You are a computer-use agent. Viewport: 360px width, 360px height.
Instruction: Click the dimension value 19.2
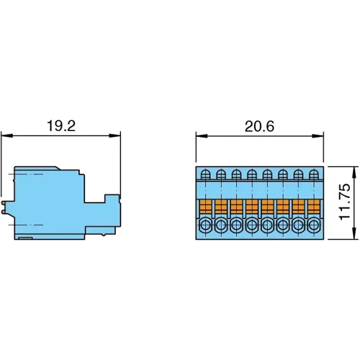click(x=60, y=126)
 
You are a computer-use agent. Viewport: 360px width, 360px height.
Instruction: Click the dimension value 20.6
click(x=259, y=126)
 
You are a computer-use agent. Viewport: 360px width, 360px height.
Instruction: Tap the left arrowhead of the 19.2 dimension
click(x=4, y=135)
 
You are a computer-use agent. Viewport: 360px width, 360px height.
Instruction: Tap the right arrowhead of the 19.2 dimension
click(x=117, y=135)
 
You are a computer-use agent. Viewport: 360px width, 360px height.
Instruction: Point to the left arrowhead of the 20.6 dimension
click(x=200, y=135)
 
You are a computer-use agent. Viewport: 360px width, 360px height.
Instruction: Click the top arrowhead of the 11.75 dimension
click(x=354, y=170)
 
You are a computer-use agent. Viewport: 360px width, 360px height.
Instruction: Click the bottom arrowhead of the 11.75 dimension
click(x=354, y=234)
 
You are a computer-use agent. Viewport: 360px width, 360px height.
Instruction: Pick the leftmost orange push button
click(x=205, y=207)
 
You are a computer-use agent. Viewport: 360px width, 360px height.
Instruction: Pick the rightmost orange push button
click(x=314, y=207)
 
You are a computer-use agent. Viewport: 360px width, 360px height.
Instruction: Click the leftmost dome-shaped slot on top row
click(x=205, y=174)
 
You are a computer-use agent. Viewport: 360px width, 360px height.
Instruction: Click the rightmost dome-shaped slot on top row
click(x=314, y=174)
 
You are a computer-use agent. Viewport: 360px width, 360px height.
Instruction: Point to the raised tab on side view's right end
click(x=112, y=199)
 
